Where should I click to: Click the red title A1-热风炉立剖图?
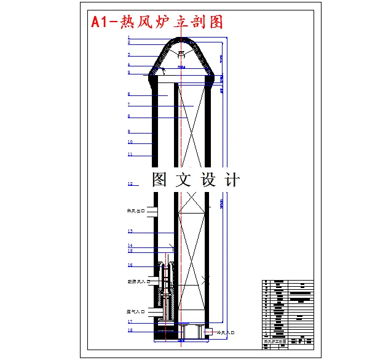click(x=157, y=22)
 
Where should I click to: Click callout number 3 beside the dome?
click(x=129, y=55)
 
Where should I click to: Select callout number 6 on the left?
click(x=129, y=94)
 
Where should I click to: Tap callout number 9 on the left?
click(x=129, y=132)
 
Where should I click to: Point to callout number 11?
click(x=130, y=154)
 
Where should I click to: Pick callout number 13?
click(x=130, y=231)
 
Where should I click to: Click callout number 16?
click(x=130, y=265)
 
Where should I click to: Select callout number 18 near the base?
click(x=130, y=330)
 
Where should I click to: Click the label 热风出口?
click(x=136, y=211)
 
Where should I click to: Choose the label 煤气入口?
click(x=136, y=312)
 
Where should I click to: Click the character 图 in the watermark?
click(x=159, y=180)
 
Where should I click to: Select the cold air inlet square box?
click(x=209, y=332)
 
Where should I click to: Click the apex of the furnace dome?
click(x=182, y=38)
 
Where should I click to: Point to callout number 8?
click(x=129, y=116)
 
